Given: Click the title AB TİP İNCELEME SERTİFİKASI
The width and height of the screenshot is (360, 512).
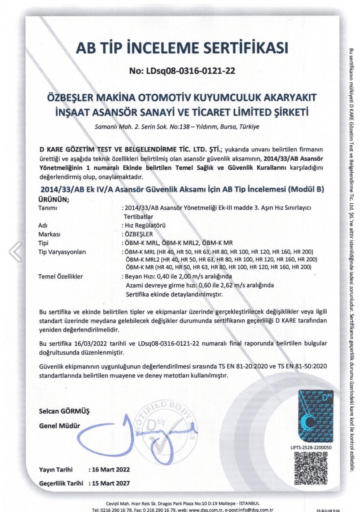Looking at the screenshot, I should pyautogui.click(x=182, y=48).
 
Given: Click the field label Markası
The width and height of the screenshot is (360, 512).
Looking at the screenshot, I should pyautogui.click(x=49, y=234).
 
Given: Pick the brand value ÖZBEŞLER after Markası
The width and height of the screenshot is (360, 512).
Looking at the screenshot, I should pyautogui.click(x=138, y=234).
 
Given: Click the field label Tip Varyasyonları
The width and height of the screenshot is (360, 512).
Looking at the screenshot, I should pyautogui.click(x=62, y=252).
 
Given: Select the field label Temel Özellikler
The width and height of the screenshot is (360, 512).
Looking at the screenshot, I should pyautogui.click(x=60, y=276).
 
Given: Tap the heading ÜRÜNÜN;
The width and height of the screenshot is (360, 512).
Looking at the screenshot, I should pyautogui.click(x=54, y=199).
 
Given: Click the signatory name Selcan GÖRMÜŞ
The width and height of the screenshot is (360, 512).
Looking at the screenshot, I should pyautogui.click(x=64, y=411).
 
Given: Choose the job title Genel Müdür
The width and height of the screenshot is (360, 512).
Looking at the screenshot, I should pyautogui.click(x=59, y=426).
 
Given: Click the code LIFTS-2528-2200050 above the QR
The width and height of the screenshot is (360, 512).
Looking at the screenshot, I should pyautogui.click(x=311, y=447).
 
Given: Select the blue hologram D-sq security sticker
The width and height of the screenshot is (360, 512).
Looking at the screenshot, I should pyautogui.click(x=315, y=416).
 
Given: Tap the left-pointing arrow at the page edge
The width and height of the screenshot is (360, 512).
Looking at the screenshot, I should pyautogui.click(x=15, y=252).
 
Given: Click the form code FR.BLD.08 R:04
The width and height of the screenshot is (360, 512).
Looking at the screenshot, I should pyautogui.click(x=328, y=510).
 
